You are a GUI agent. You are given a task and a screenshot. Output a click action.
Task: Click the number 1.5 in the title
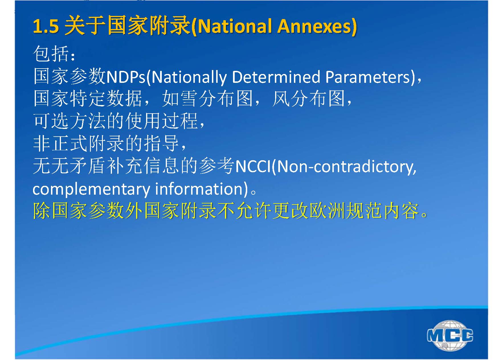point(46,26)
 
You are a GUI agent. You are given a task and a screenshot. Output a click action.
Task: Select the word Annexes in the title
point(314,26)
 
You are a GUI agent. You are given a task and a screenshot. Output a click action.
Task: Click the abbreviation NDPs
point(126,77)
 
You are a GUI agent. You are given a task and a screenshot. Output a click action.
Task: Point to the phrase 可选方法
point(70,121)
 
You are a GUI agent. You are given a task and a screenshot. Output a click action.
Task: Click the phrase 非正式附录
point(79,143)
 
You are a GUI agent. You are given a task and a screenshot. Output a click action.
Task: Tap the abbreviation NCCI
point(253,166)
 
